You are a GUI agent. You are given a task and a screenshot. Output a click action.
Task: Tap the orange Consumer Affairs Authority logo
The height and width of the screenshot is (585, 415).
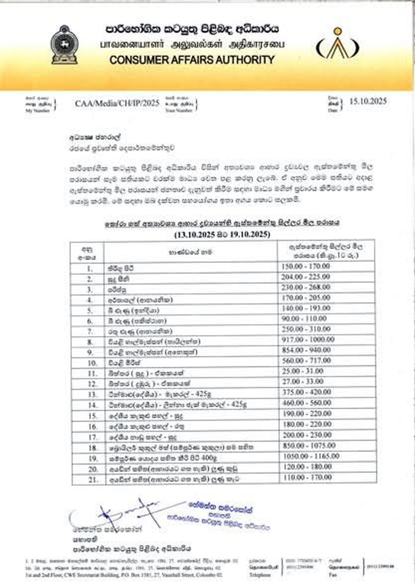click(336, 44)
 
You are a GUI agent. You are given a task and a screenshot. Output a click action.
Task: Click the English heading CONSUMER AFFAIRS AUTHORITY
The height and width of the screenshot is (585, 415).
click(192, 60)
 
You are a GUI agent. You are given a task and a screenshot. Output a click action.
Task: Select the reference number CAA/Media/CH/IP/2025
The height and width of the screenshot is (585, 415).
click(117, 103)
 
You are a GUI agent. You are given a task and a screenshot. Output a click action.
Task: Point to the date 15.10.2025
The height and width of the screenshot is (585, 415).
click(368, 101)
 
